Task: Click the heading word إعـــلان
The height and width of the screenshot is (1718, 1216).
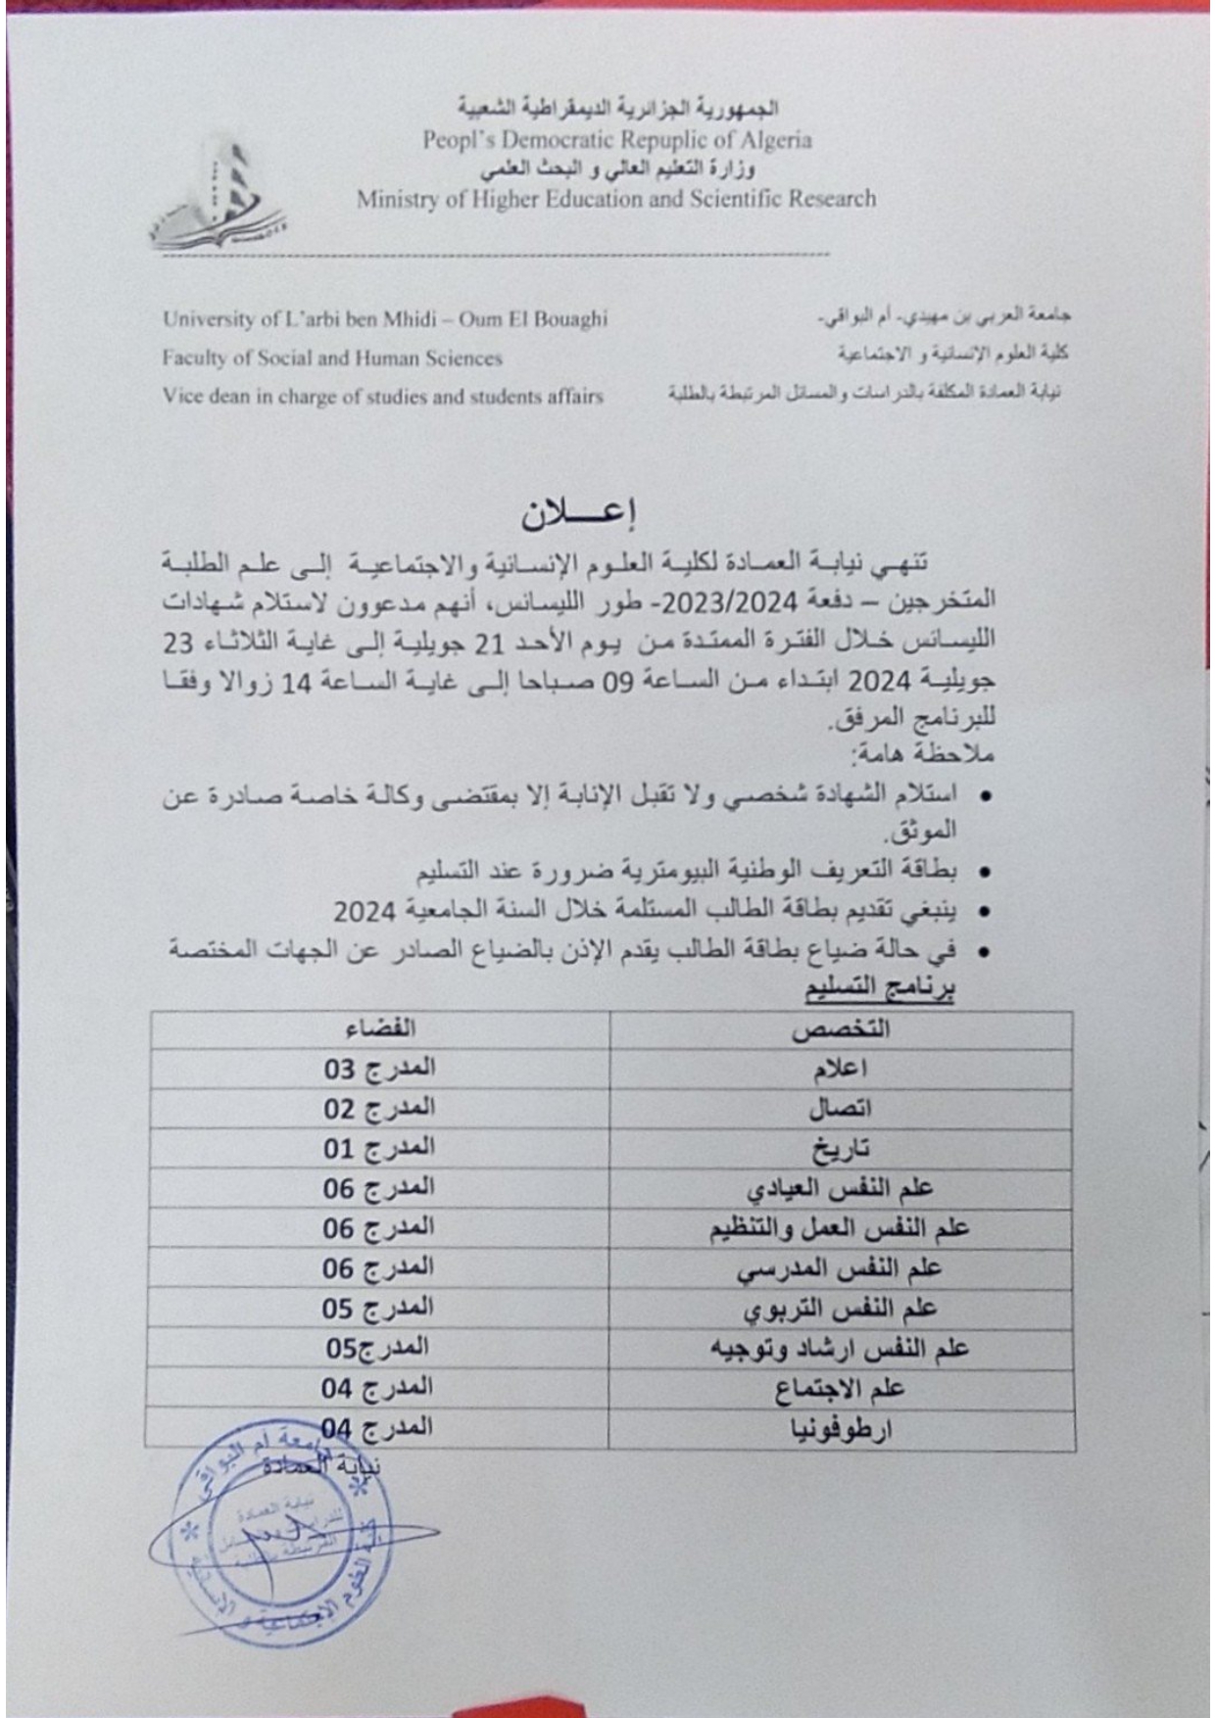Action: (579, 513)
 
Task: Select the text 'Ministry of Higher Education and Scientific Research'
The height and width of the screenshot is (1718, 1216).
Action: (616, 200)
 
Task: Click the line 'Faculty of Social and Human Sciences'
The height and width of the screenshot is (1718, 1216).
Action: (332, 358)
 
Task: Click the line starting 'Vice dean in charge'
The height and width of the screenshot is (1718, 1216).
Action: (383, 397)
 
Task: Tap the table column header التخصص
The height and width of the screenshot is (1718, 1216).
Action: (840, 1029)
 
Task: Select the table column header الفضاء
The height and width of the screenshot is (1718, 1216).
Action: (380, 1028)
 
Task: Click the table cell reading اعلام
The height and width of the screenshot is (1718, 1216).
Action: (840, 1070)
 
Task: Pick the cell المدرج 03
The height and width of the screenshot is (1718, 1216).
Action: (379, 1069)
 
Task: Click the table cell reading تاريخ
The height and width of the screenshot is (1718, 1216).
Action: (840, 1149)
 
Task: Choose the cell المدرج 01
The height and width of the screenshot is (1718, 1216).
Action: (379, 1148)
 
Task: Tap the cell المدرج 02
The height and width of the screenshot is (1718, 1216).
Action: (379, 1109)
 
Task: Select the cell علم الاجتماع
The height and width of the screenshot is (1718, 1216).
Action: (840, 1390)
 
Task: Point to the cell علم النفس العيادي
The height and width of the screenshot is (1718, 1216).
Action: (840, 1189)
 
